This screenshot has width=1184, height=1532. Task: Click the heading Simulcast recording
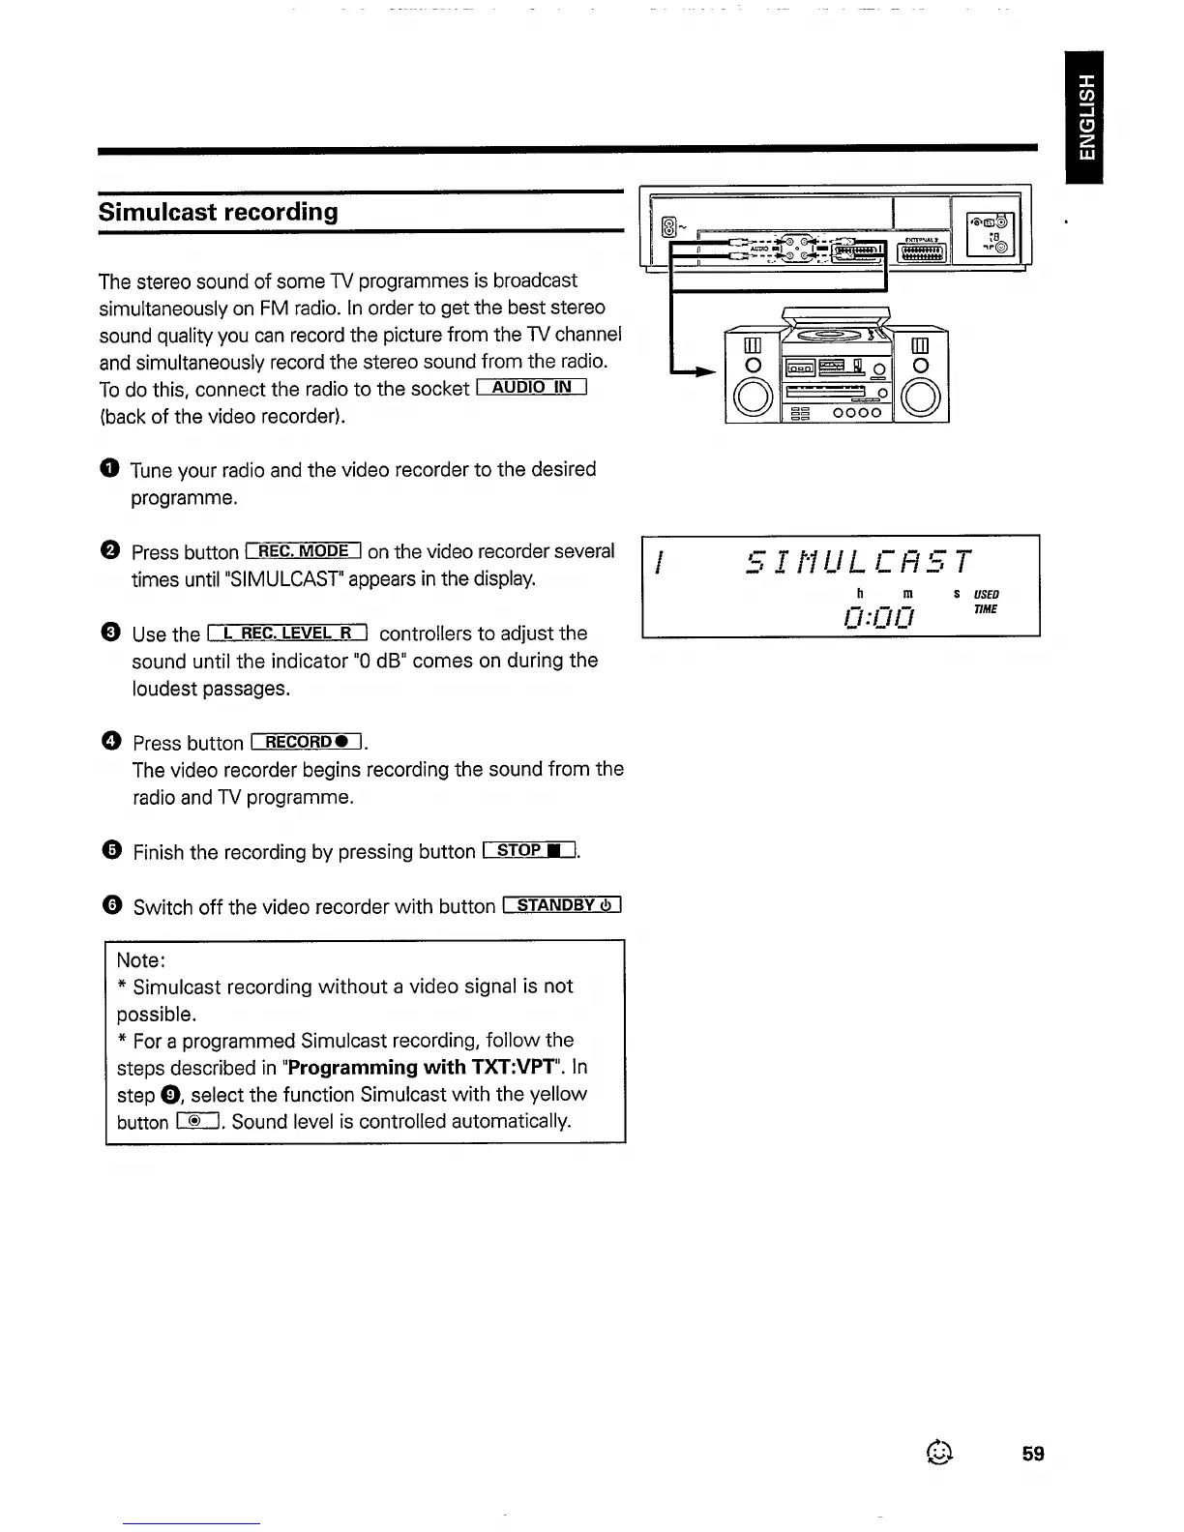coord(218,212)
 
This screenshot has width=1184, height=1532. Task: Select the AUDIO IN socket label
coord(532,389)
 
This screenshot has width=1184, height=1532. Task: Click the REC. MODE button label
coord(304,551)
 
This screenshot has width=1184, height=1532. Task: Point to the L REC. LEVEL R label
coord(288,633)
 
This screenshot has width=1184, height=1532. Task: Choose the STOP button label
coord(529,851)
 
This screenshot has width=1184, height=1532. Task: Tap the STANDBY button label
coord(562,905)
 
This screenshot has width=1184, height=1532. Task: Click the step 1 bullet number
coord(109,469)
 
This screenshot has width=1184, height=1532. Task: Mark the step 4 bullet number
coord(111,742)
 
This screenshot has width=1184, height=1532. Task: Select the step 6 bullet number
coord(112,906)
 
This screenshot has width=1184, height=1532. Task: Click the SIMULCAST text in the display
coord(859,562)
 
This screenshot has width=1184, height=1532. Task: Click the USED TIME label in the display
coord(986,602)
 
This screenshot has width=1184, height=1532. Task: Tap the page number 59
coord(1033,1454)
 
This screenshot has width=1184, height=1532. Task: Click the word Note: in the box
coord(141,960)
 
